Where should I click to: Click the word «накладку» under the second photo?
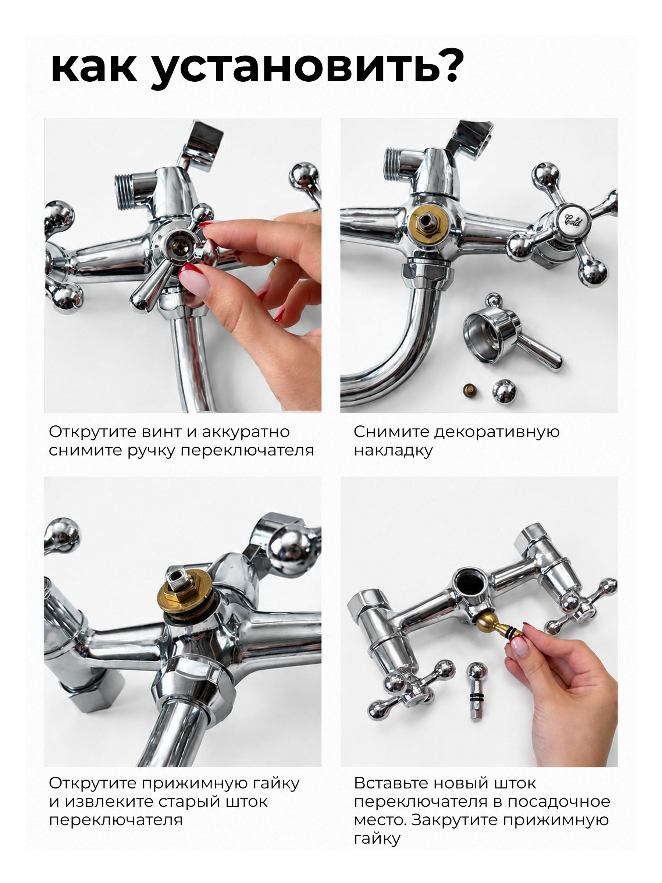click(394, 451)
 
